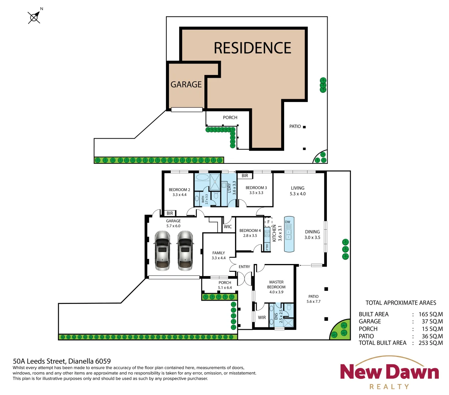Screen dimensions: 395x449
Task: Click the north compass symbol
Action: [35, 17]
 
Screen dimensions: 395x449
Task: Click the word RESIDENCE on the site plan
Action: [252, 48]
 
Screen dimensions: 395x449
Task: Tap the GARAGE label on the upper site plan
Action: [186, 84]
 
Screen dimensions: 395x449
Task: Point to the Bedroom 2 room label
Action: [179, 192]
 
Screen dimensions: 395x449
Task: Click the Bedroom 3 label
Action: [256, 190]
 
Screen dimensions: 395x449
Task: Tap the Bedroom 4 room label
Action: [250, 233]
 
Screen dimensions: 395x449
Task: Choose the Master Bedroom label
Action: [276, 287]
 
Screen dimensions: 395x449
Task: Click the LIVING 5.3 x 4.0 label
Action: [298, 191]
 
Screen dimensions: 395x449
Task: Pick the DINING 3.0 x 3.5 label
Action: [312, 234]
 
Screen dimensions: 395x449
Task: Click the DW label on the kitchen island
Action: [288, 222]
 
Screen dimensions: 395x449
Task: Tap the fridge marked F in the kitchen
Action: [268, 222]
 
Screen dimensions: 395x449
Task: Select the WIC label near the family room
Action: [228, 227]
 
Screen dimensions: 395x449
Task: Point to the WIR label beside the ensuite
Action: [262, 317]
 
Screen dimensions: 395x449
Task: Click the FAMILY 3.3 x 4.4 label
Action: [219, 255]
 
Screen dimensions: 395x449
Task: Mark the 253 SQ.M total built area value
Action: [430, 343]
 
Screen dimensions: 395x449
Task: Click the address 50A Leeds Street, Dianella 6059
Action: [62, 361]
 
